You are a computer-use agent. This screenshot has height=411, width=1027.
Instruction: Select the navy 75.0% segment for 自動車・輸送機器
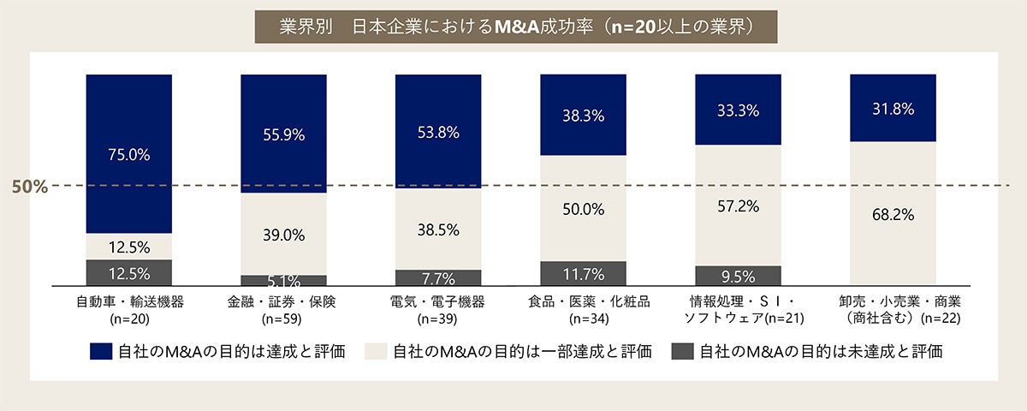click(x=128, y=154)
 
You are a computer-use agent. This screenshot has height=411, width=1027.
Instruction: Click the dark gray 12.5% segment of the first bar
click(x=128, y=273)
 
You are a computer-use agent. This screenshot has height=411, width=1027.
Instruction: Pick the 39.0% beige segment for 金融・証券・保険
click(x=283, y=235)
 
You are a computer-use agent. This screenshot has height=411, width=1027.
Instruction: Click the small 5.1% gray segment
click(x=283, y=280)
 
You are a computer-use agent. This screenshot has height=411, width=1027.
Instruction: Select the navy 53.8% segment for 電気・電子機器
click(x=438, y=132)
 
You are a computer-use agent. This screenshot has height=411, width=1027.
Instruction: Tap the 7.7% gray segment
click(x=438, y=278)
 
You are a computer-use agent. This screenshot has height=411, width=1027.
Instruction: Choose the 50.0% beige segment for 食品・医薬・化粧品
click(x=584, y=209)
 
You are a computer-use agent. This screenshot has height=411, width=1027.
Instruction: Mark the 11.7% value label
click(x=584, y=275)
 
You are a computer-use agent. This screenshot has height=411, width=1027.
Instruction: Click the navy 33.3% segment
click(x=738, y=110)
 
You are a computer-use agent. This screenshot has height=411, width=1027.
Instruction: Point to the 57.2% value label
click(x=738, y=206)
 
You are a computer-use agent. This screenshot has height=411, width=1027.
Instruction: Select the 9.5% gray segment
click(x=738, y=277)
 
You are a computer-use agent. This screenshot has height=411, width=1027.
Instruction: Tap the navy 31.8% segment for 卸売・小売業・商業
click(x=893, y=109)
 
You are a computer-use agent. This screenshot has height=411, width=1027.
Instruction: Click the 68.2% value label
click(x=893, y=214)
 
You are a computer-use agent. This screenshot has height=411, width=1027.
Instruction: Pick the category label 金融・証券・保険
click(x=282, y=302)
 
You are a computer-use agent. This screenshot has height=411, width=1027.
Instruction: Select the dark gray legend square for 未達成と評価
click(x=682, y=351)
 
